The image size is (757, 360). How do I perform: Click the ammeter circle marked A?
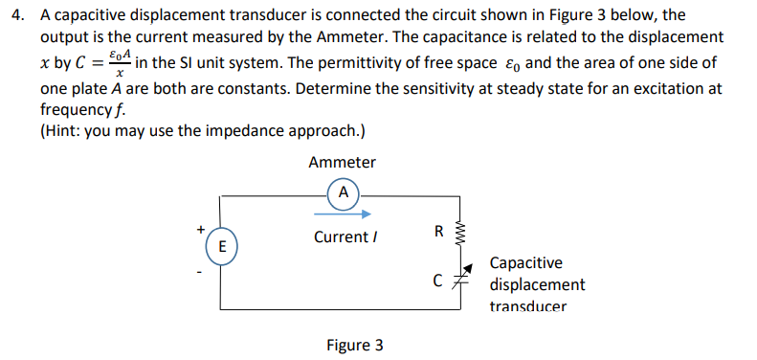343,191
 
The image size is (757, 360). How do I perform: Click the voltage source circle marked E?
221,246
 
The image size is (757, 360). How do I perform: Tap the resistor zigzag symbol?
463,233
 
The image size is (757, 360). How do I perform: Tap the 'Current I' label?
342,236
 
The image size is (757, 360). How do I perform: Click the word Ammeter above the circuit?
342,163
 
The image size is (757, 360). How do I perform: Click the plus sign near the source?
200,229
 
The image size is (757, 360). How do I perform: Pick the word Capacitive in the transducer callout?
525,262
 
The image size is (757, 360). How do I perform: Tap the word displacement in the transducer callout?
537,284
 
